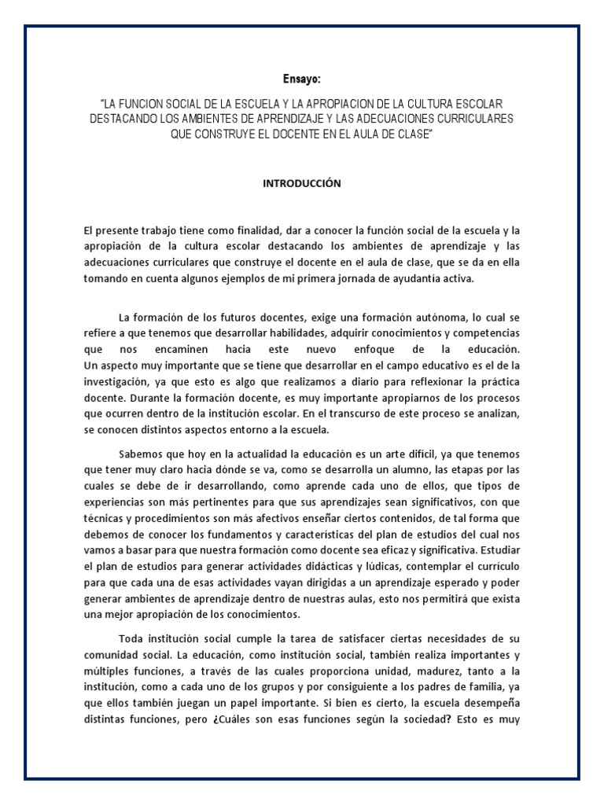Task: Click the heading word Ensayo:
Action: (x=301, y=79)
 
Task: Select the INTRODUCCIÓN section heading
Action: (x=301, y=182)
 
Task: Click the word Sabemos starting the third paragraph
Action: (x=141, y=454)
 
